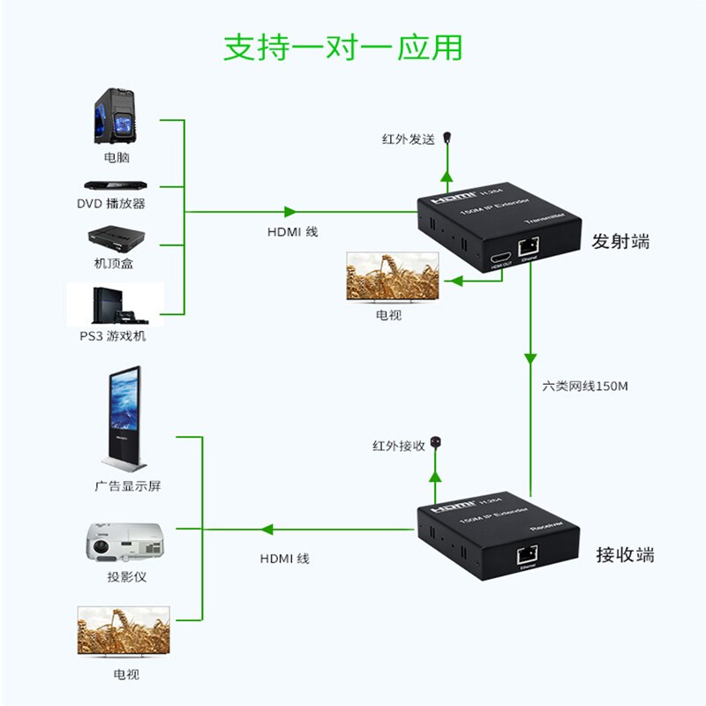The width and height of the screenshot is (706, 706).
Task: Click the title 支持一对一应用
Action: [342, 47]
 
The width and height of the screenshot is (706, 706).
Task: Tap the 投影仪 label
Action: [126, 578]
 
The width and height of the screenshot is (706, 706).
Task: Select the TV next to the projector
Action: [124, 633]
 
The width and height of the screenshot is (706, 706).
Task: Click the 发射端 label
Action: [620, 241]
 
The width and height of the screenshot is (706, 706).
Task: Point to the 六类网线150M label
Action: [584, 387]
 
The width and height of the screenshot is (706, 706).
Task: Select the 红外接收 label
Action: [398, 447]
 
